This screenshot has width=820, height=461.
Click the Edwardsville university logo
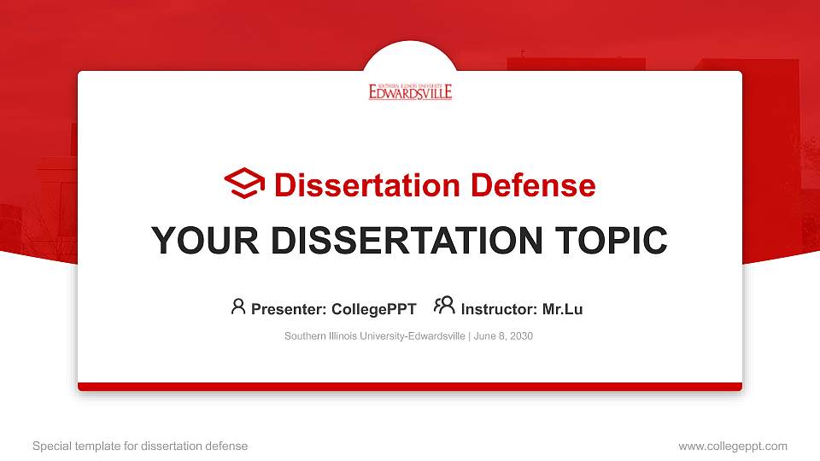(410, 91)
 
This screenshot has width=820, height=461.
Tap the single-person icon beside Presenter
(238, 306)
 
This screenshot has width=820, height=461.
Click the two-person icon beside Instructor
(444, 306)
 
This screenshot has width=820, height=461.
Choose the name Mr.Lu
(562, 309)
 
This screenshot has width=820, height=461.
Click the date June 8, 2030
(503, 336)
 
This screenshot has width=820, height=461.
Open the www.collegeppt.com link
(732, 446)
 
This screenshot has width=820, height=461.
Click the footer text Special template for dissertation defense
(140, 446)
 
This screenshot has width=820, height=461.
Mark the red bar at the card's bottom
(410, 387)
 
